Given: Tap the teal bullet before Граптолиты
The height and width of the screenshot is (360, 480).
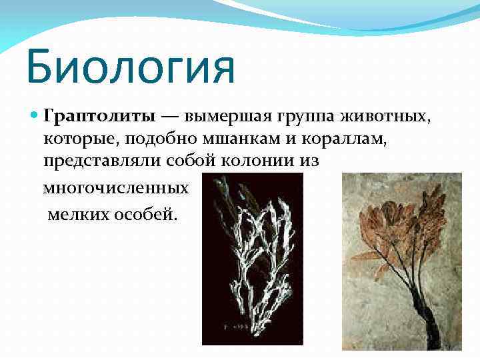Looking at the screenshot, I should tap(35, 117).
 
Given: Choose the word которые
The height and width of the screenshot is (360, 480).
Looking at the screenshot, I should tap(73, 141).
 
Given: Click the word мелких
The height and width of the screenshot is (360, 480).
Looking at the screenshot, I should tap(78, 217).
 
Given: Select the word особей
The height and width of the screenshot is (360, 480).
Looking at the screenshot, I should tap(146, 217).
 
